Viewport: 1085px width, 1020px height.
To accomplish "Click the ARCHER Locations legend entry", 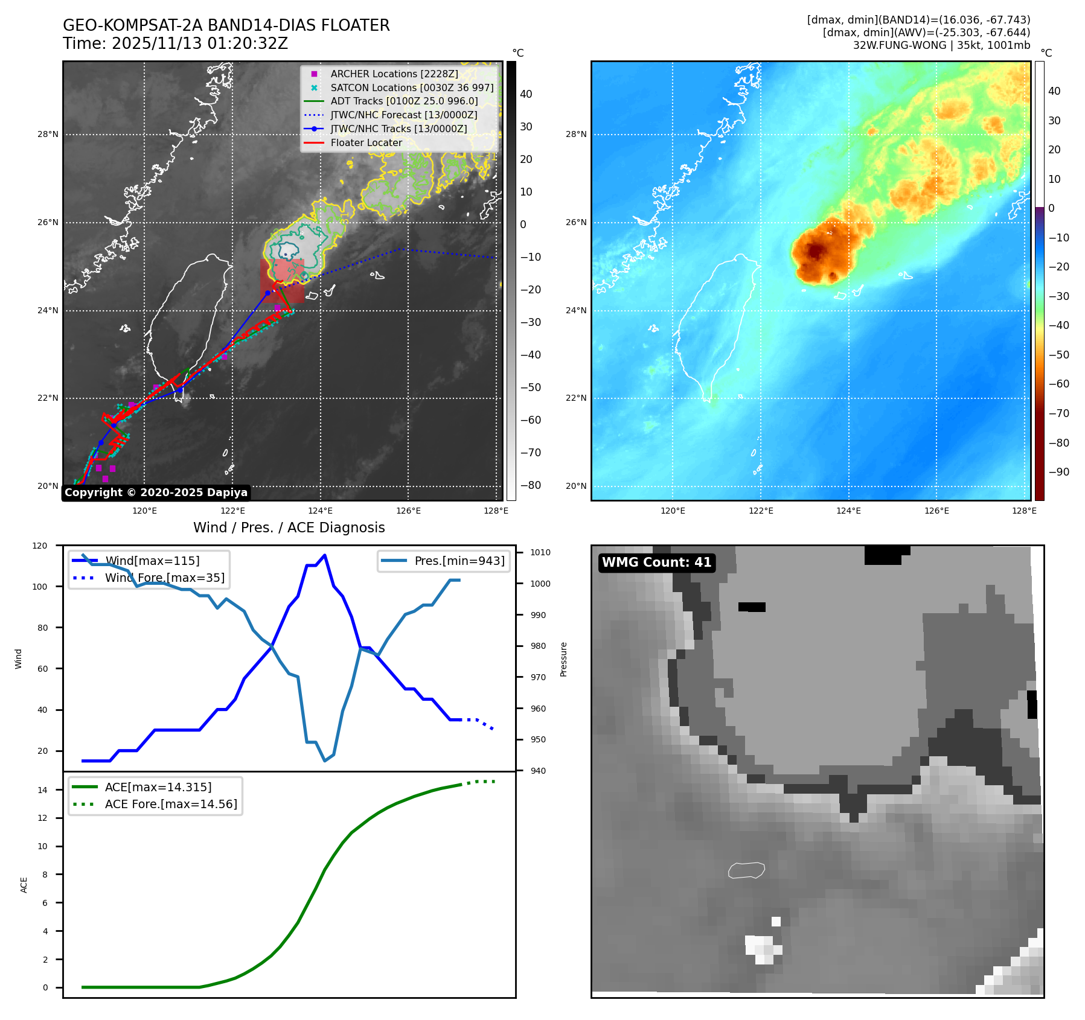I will pos(394,74).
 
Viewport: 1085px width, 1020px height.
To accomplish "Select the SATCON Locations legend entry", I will pos(412,88).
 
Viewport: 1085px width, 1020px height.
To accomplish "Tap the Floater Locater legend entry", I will pos(366,142).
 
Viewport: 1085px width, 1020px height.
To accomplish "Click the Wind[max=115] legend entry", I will pos(152,561).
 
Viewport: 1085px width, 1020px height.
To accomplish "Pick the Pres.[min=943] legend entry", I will pos(459,561).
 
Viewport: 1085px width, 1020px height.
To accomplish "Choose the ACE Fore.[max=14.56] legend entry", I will pos(171,804).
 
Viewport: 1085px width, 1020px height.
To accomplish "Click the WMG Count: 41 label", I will pos(656,563).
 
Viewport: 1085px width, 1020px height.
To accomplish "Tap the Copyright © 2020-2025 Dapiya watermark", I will pos(156,492).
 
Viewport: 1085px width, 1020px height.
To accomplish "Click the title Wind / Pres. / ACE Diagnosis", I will pos(289,528).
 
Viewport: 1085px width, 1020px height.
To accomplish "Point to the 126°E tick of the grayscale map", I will pos(408,511).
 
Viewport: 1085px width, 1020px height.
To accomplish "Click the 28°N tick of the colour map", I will pos(575,134).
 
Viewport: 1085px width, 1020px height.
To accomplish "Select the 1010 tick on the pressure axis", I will pos(540,552).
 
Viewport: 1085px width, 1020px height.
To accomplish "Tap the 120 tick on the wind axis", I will pos(40,546).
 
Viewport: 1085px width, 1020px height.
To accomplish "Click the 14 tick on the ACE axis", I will pos(42,789).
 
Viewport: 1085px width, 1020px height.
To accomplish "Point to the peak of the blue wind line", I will pos(325,555).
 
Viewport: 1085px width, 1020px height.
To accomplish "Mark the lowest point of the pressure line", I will pos(325,760).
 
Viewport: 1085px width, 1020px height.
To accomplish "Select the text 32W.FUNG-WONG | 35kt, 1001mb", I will pos(941,45).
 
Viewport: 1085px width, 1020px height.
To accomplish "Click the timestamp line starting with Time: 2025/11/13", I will pos(175,43).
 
